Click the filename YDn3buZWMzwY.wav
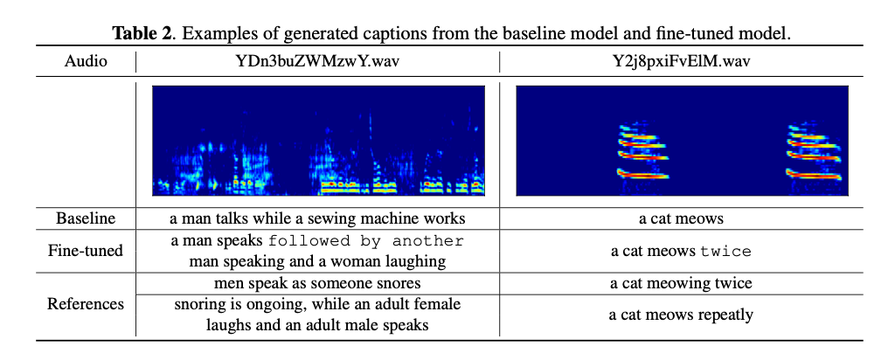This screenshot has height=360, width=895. (318, 62)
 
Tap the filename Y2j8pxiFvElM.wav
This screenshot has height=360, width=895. (682, 62)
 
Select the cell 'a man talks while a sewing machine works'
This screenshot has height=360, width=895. (318, 218)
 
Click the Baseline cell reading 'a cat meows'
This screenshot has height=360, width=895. (682, 218)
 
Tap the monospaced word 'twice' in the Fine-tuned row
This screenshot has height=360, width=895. (726, 252)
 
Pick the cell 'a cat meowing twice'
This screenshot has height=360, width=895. (682, 283)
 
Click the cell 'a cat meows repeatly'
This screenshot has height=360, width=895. (682, 315)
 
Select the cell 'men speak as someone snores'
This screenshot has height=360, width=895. (318, 283)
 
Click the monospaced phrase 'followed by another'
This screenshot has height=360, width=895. (366, 241)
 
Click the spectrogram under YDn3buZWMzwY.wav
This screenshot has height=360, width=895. (318, 140)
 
